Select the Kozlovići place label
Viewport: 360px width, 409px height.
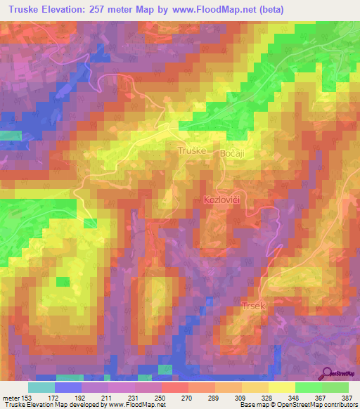pos(224,200)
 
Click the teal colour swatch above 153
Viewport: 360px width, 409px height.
pos(41,387)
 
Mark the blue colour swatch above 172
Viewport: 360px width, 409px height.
pos(68,387)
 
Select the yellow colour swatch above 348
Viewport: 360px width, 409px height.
pos(282,387)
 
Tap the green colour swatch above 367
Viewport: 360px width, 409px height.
pos(309,387)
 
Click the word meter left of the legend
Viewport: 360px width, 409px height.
pos(13,397)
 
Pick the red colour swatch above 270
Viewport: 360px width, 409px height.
pos(175,387)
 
